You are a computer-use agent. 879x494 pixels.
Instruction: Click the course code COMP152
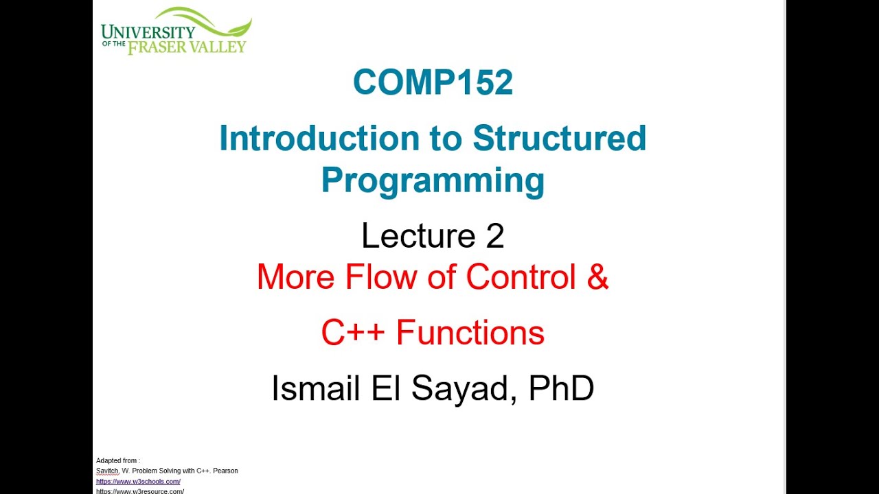(433, 83)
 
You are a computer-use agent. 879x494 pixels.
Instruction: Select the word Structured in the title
(559, 138)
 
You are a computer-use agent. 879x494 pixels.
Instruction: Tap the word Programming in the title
(433, 180)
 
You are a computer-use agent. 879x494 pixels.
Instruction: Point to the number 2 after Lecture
(494, 236)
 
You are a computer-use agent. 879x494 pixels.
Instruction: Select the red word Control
(521, 277)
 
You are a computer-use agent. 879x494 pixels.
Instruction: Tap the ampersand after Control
(598, 277)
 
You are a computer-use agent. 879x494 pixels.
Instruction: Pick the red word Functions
(470, 333)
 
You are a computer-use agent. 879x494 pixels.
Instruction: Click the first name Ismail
(315, 388)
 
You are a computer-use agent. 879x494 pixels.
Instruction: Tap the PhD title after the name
(561, 388)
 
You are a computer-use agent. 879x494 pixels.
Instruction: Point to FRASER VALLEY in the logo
(186, 47)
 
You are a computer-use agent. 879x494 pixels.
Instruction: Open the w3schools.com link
(138, 482)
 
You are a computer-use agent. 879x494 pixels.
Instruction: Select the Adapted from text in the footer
(117, 460)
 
